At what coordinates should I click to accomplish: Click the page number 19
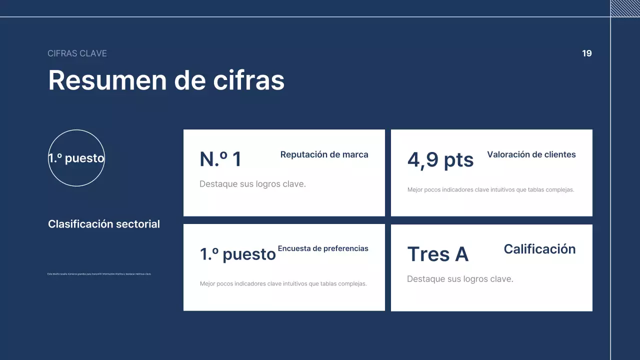pos(587,53)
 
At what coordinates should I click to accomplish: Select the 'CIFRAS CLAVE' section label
pos(77,53)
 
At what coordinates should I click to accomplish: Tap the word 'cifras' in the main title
pos(249,80)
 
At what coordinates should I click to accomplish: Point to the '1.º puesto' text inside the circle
pos(76,158)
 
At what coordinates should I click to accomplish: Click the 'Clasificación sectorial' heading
pos(104,224)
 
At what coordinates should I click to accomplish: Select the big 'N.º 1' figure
pos(220,159)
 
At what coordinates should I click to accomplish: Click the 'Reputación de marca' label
pos(324,154)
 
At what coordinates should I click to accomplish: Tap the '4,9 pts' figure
pos(440,160)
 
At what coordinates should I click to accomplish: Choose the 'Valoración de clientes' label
pos(531,154)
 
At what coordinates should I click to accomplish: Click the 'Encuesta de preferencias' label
pos(323,248)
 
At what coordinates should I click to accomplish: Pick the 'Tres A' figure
pos(438,254)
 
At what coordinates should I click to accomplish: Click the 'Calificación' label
pos(539,249)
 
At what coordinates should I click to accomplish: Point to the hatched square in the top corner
pos(625,8)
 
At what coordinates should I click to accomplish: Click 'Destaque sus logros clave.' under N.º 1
pos(252,184)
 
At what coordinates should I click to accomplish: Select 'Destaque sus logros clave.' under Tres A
pos(460,279)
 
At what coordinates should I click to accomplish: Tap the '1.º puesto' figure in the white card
pos(238,254)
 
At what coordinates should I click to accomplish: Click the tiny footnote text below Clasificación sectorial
pos(99,274)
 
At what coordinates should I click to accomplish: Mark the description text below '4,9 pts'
pos(490,190)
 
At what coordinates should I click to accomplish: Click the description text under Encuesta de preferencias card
pos(283,284)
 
